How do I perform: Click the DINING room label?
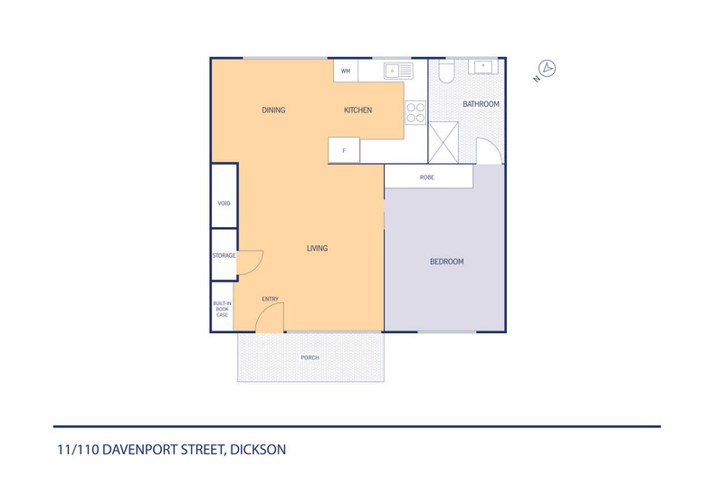[273, 110]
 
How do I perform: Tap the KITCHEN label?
[357, 110]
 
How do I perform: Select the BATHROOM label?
[481, 104]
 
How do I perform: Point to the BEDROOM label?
[446, 262]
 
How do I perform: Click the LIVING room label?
[317, 248]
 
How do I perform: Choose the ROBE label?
[427, 177]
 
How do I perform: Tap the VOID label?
[224, 204]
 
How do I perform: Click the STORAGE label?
[224, 255]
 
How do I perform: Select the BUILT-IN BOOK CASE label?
[222, 309]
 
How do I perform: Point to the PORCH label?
[310, 358]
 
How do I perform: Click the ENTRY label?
[270, 300]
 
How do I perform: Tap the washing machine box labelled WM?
[346, 71]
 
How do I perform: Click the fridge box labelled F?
[344, 150]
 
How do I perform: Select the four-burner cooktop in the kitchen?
[415, 111]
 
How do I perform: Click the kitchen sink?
[398, 70]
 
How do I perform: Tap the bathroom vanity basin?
[482, 67]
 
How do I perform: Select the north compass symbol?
[547, 68]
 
